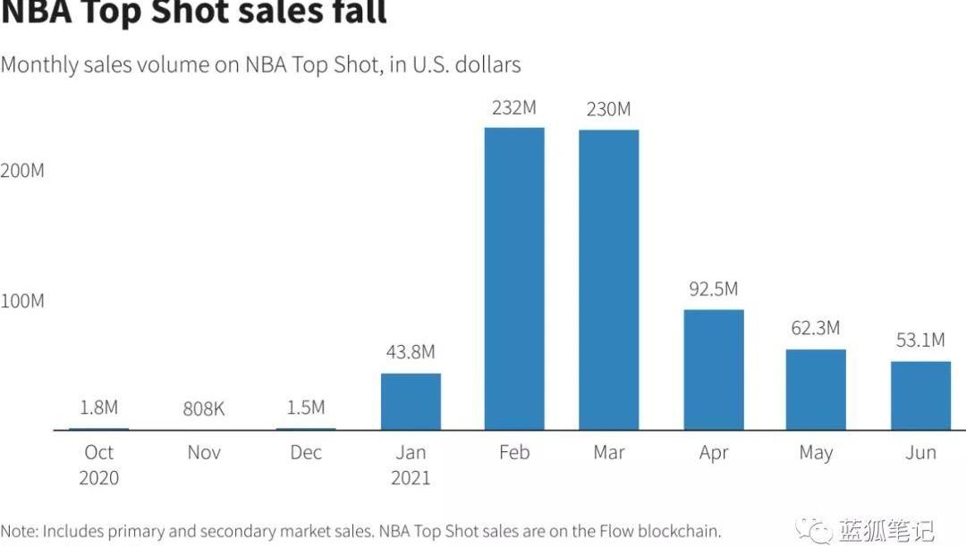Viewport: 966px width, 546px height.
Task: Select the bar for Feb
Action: (x=514, y=279)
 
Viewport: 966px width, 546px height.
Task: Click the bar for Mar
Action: (x=609, y=280)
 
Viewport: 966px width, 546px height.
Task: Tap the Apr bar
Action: (x=714, y=370)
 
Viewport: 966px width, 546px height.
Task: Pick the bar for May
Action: (x=816, y=390)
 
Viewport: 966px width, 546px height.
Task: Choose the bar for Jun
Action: (x=920, y=396)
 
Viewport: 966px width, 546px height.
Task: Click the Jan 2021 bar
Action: (x=411, y=401)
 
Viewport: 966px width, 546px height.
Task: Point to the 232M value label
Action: (x=514, y=108)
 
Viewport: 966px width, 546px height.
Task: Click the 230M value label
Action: (x=608, y=109)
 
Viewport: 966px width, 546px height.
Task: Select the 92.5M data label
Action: (x=713, y=290)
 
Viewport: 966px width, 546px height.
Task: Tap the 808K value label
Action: (x=204, y=409)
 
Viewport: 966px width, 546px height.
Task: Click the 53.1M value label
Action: (x=920, y=340)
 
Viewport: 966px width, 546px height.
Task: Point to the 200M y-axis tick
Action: (x=22, y=171)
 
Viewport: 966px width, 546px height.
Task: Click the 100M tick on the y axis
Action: (x=22, y=301)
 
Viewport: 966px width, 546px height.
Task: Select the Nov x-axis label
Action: (x=204, y=453)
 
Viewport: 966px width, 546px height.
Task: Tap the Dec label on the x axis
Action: (x=306, y=453)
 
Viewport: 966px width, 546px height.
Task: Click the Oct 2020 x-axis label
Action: (x=98, y=465)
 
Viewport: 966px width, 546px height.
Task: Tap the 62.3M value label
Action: (x=816, y=328)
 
